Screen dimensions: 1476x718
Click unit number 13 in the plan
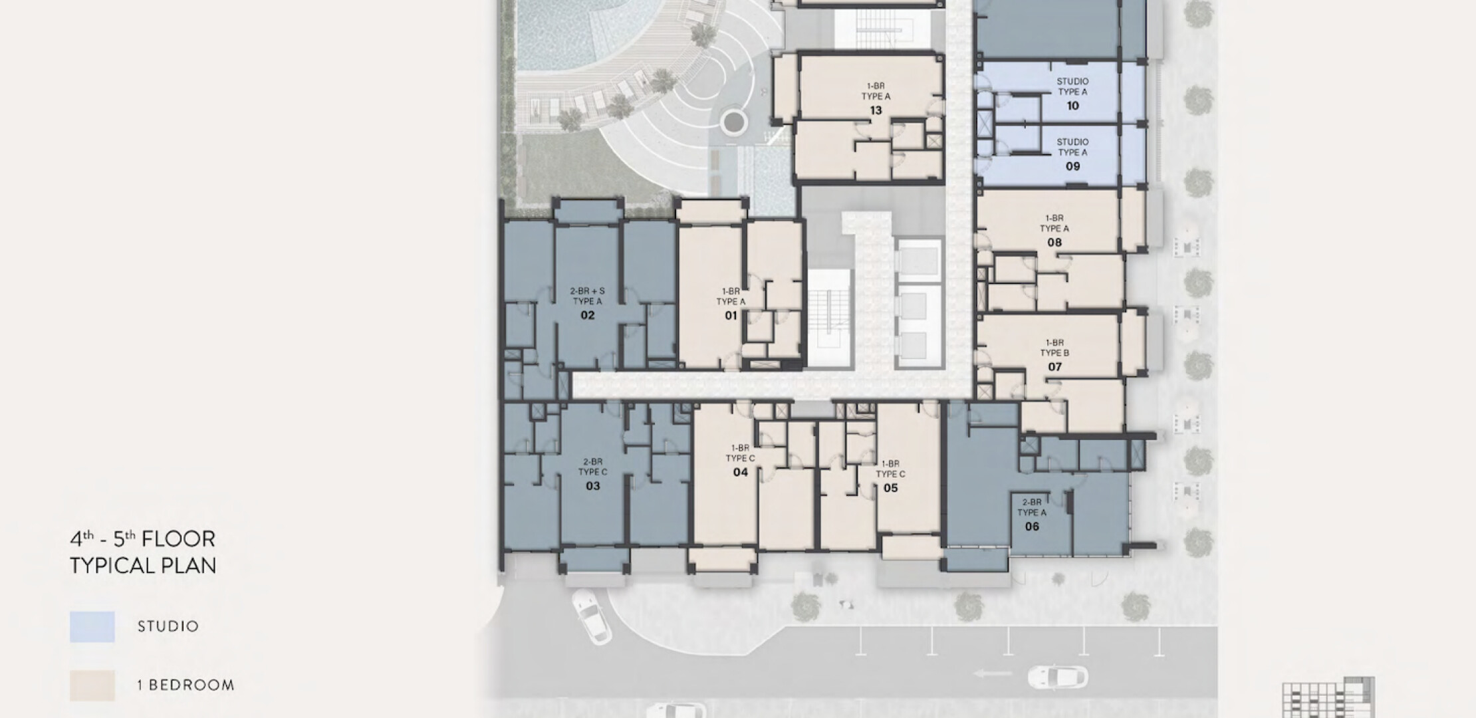(x=876, y=110)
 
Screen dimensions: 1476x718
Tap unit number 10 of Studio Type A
(x=1072, y=106)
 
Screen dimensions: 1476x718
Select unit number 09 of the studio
(x=1072, y=166)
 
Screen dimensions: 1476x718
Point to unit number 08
(x=1054, y=243)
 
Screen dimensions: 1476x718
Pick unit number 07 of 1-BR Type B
(x=1054, y=367)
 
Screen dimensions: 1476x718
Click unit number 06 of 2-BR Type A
(x=1032, y=527)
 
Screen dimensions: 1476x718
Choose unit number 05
(x=890, y=488)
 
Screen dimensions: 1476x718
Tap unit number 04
(x=740, y=472)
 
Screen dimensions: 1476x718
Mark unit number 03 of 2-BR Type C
(x=592, y=486)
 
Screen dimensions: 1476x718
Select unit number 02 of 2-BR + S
(x=587, y=315)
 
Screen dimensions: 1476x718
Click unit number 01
(x=731, y=316)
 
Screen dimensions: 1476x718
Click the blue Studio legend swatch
(x=92, y=627)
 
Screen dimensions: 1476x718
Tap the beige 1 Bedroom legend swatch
(x=92, y=685)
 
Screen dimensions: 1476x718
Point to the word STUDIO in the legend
(x=168, y=626)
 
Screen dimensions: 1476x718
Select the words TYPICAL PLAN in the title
(x=143, y=566)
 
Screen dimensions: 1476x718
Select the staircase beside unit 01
(x=828, y=318)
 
